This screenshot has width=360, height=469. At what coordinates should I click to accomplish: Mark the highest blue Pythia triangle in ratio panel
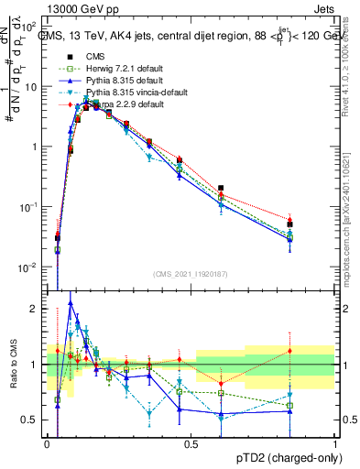pos(71,302)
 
